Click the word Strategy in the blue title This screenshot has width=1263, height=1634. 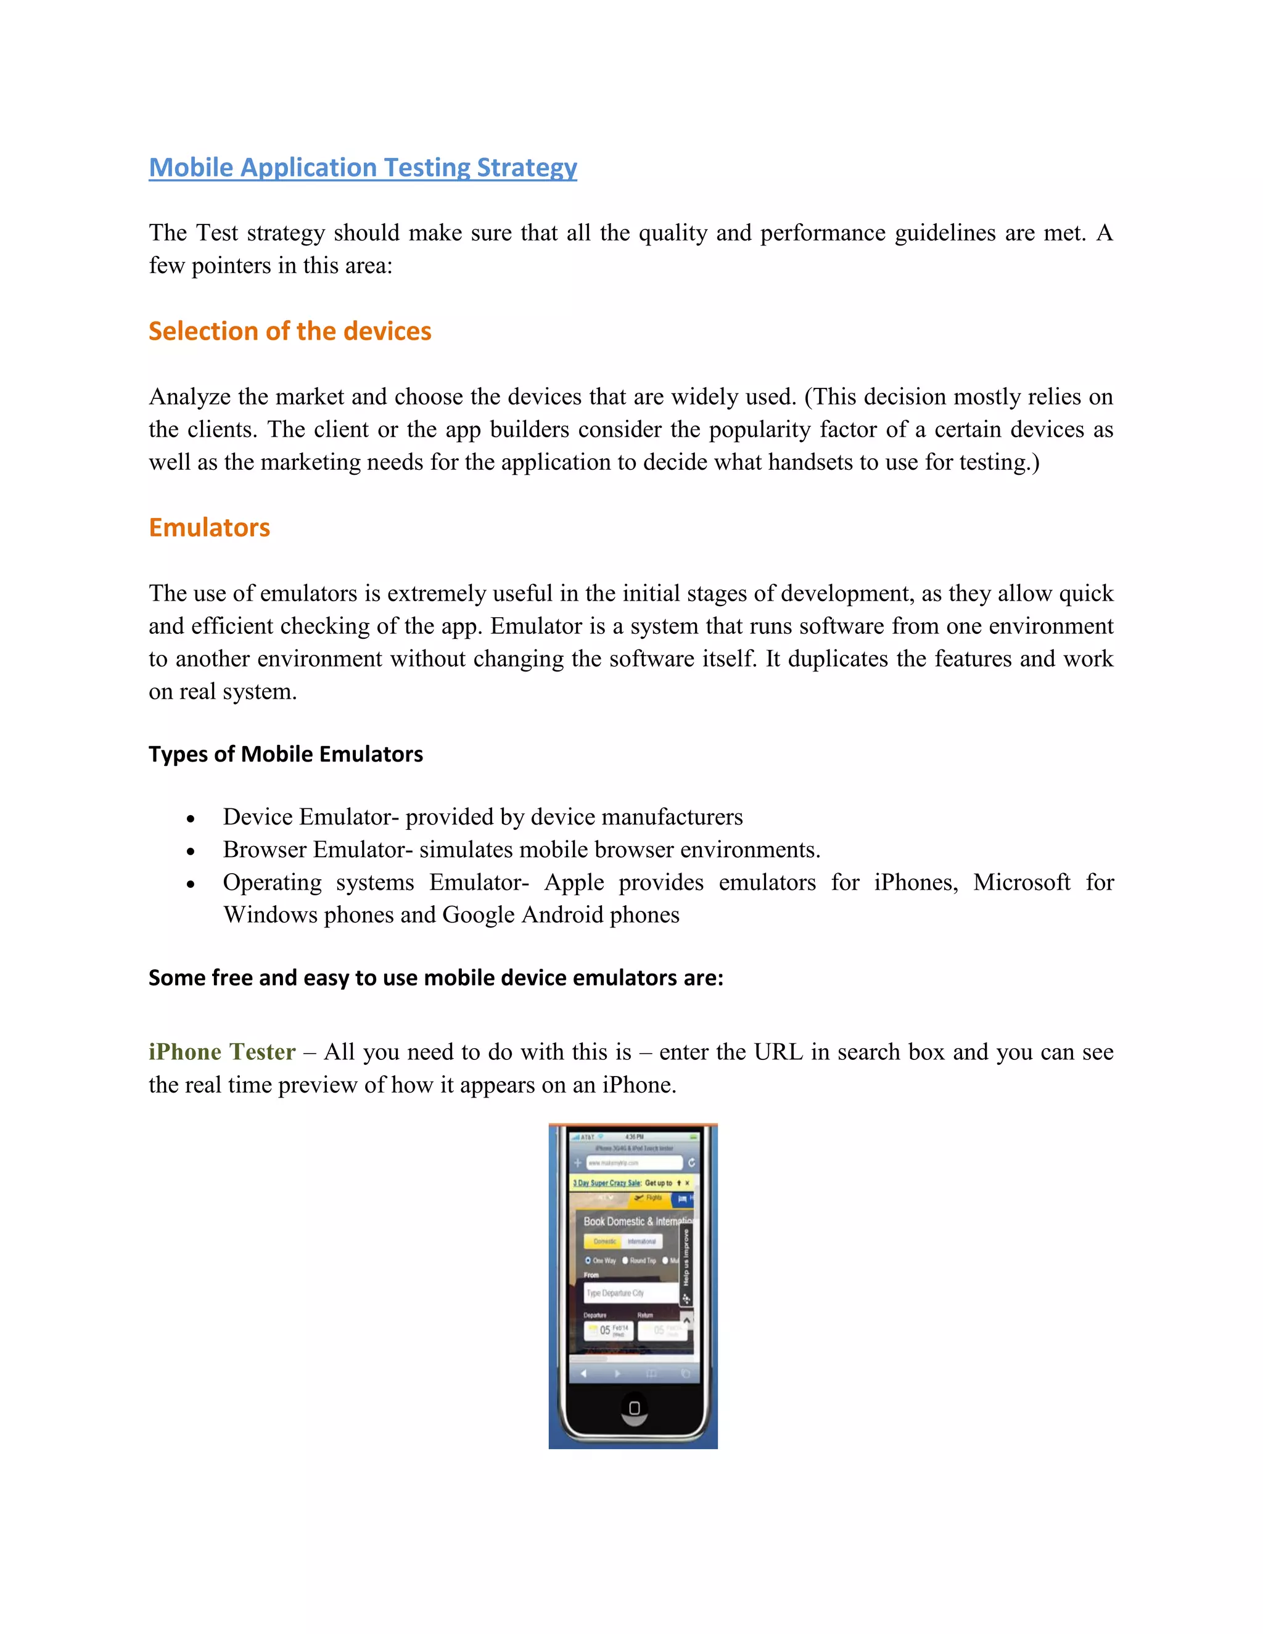point(527,168)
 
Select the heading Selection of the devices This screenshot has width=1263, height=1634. point(290,332)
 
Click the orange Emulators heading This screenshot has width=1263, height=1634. point(209,527)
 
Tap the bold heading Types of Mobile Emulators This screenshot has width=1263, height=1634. point(285,754)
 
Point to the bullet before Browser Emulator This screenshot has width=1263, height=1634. point(191,852)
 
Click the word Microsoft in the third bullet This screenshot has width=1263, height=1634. point(1021,882)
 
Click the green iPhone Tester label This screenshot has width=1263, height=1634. point(221,1052)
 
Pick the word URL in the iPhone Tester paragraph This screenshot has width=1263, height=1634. point(778,1052)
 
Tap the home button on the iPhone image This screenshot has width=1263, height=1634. point(635,1408)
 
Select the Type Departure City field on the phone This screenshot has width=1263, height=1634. point(630,1293)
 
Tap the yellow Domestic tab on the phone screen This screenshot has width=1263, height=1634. point(604,1241)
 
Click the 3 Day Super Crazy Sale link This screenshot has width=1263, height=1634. point(607,1183)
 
